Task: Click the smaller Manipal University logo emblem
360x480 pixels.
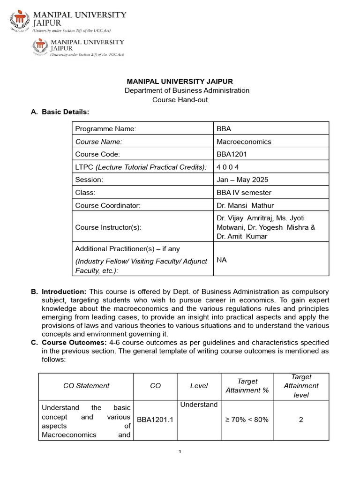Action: coord(40,47)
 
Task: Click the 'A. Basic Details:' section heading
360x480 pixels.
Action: coord(60,112)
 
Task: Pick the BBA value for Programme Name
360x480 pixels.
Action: coord(224,129)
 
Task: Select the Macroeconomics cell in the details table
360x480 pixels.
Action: coord(244,142)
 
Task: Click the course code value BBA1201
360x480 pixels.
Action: coord(231,154)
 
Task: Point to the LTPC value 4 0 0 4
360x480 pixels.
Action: coord(230,167)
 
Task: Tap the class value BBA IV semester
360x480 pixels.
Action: coord(244,192)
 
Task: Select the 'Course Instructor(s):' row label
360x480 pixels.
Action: coord(108,227)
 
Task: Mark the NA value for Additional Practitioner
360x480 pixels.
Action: coord(221,260)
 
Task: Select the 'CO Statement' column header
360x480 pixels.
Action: coord(86,386)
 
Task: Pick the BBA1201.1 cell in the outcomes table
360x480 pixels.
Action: coord(155,420)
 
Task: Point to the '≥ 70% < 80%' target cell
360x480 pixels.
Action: coord(247,420)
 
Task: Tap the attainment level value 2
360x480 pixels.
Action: coord(301,420)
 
